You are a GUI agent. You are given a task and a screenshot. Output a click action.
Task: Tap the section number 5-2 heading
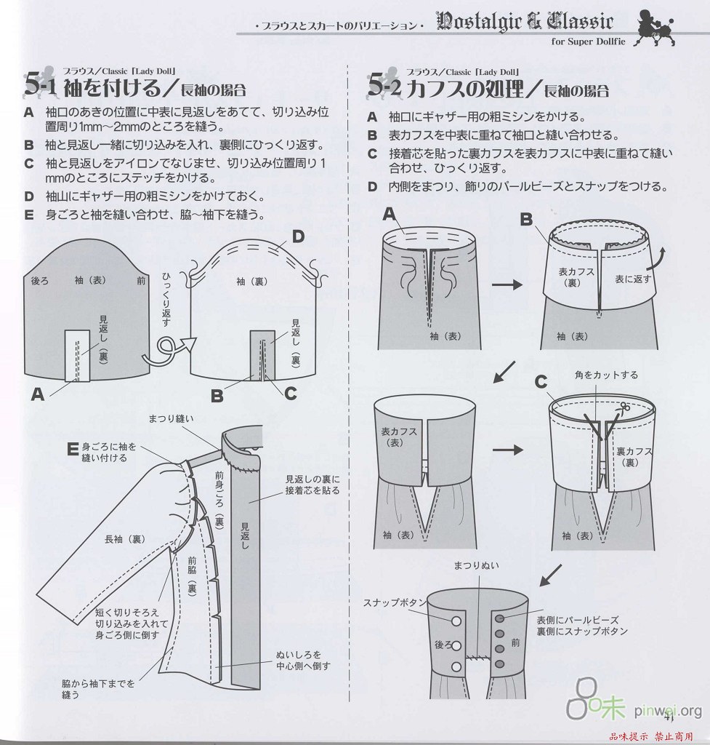[384, 86]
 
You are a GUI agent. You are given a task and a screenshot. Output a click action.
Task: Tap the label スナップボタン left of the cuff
[394, 602]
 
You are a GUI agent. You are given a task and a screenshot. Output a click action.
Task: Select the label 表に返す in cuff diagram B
[634, 278]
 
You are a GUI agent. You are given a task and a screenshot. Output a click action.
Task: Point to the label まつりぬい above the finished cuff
[477, 565]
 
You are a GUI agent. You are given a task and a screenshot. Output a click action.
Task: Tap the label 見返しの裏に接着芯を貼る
[312, 485]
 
